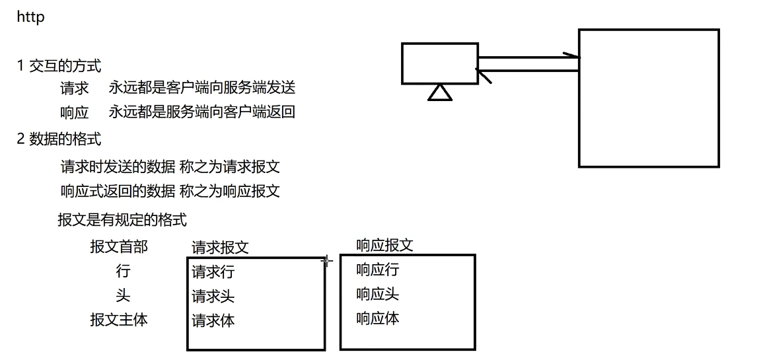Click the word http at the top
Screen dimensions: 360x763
click(30, 17)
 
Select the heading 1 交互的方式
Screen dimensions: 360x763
click(59, 65)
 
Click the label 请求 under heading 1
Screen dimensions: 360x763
click(74, 89)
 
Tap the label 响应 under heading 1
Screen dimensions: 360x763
click(74, 112)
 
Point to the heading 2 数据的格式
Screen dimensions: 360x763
click(59, 139)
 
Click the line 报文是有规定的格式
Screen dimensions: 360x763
click(122, 219)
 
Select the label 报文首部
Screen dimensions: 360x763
click(119, 247)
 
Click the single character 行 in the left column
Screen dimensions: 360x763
click(123, 271)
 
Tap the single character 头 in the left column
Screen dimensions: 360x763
click(123, 295)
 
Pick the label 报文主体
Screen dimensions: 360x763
click(119, 320)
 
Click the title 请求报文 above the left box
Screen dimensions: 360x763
click(220, 248)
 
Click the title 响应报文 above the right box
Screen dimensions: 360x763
click(384, 245)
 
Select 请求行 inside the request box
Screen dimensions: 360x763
click(213, 271)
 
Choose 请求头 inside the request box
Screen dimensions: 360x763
click(213, 296)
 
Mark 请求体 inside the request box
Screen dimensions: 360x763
click(213, 321)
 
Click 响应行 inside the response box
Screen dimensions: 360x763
click(377, 270)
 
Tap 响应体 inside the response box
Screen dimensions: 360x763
click(377, 318)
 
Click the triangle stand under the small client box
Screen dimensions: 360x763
click(439, 93)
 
